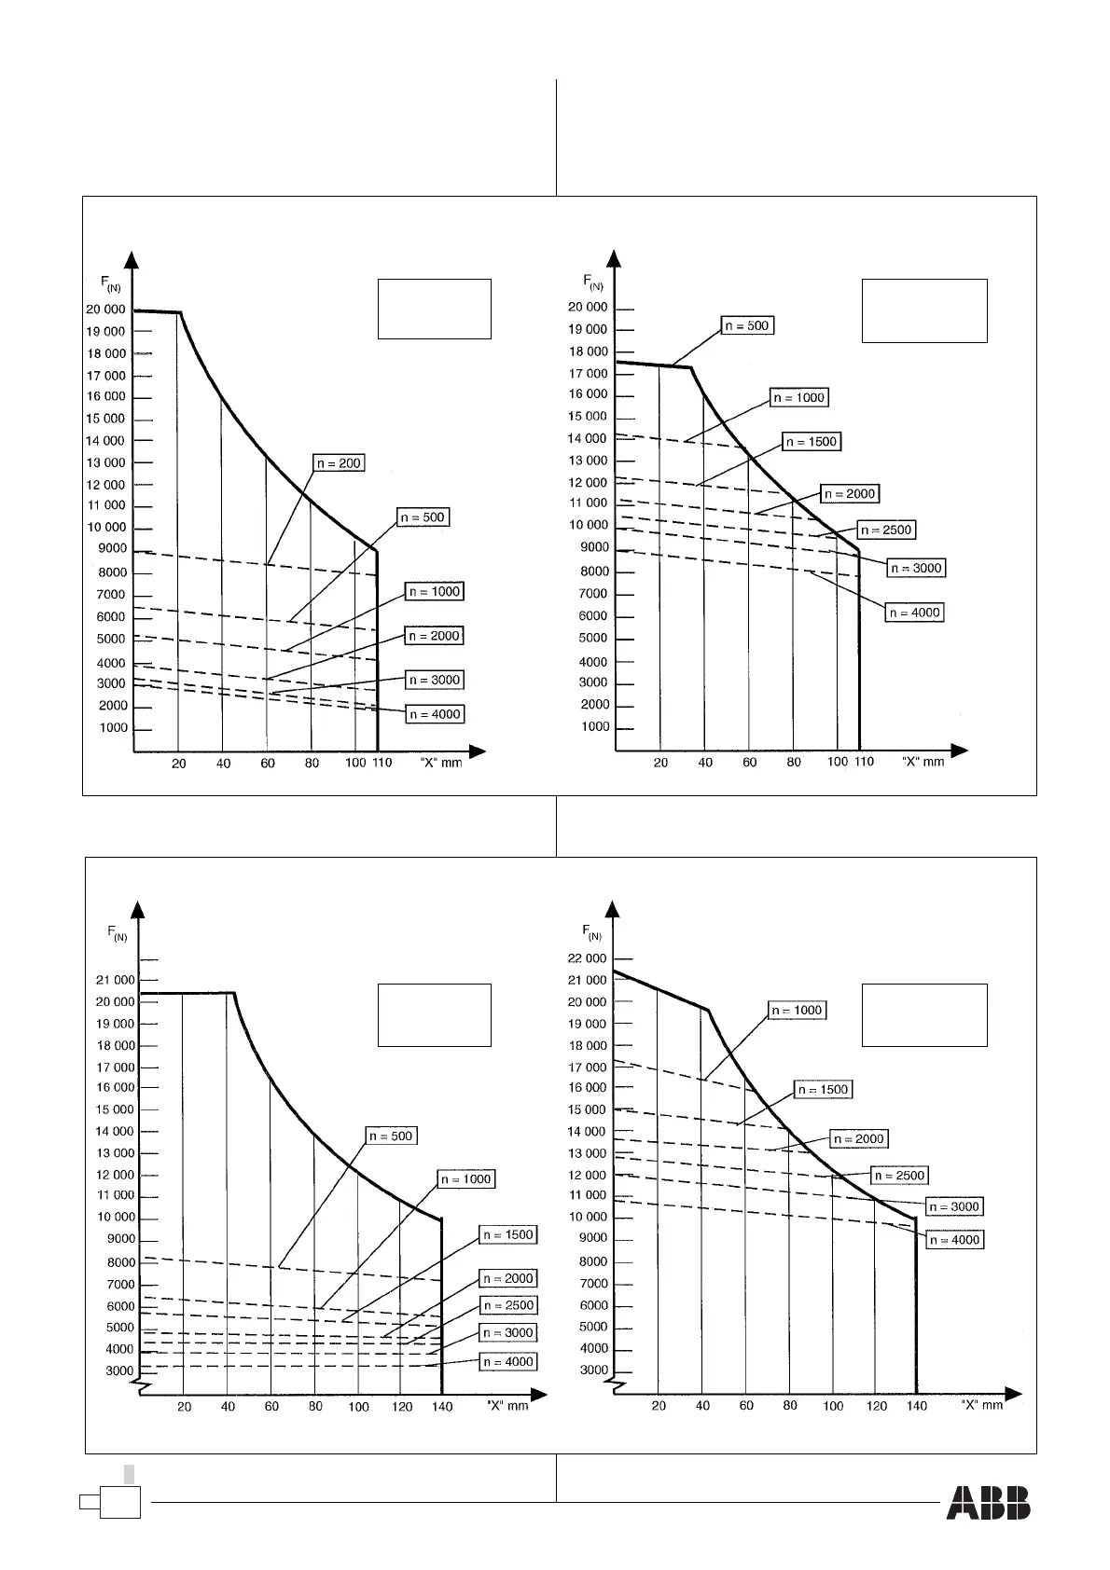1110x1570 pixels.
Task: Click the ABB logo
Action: [x=989, y=1502]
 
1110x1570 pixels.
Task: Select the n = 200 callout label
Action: [x=339, y=463]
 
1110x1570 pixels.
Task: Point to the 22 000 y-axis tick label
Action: [x=587, y=958]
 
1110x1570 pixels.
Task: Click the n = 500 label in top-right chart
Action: [x=748, y=326]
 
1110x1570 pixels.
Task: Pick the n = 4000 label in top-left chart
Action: [x=435, y=714]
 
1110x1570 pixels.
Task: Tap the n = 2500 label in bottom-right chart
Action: [x=899, y=1176]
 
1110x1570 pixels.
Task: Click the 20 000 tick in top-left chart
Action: [x=105, y=310]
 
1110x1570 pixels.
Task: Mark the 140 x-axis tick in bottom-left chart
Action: [x=442, y=1406]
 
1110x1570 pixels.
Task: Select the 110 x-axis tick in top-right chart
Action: [x=864, y=762]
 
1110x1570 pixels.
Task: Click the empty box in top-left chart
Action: [x=434, y=308]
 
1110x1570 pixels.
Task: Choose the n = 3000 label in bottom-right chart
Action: [x=953, y=1206]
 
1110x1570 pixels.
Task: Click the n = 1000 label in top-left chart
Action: [x=435, y=592]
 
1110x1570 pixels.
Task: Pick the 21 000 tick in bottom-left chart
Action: [x=116, y=980]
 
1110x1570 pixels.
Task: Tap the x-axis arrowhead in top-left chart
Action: [x=478, y=751]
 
